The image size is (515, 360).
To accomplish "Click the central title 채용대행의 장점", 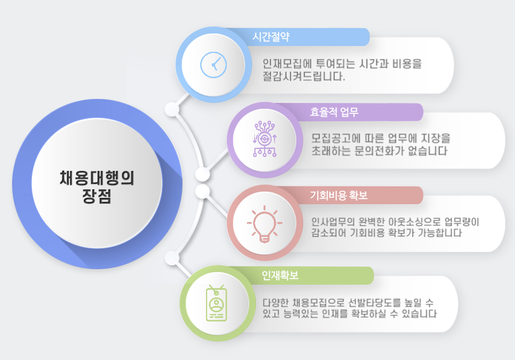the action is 97,187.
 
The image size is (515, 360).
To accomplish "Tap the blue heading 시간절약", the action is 270,36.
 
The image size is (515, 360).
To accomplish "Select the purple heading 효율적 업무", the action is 334,112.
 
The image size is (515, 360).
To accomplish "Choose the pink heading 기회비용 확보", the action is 338,196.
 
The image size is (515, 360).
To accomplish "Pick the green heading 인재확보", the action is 280,275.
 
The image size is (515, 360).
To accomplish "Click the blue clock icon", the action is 213,64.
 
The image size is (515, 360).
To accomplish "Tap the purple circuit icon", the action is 265,139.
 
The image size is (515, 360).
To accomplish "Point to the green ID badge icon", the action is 216,302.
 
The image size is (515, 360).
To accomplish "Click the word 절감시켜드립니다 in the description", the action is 304,76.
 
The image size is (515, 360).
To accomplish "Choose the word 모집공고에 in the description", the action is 335,138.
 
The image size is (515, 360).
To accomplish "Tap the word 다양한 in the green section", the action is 275,302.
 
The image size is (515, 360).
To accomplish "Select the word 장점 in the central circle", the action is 97,196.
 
